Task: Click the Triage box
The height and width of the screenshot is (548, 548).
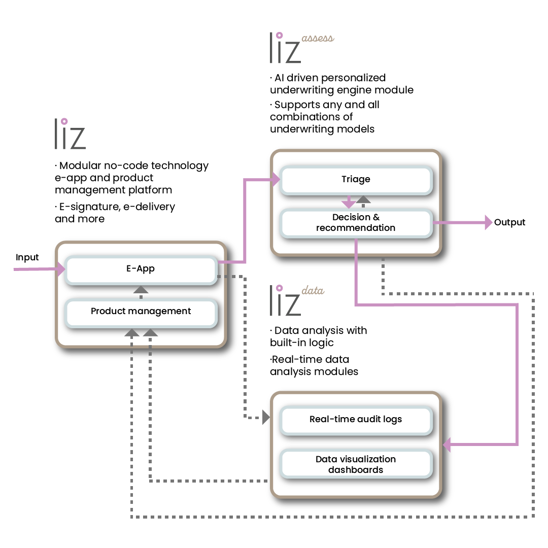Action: pyautogui.click(x=356, y=180)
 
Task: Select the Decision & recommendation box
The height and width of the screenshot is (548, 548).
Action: pyautogui.click(x=356, y=223)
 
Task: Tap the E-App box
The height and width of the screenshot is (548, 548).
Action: pyautogui.click(x=141, y=269)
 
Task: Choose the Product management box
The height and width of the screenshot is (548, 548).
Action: pyautogui.click(x=141, y=311)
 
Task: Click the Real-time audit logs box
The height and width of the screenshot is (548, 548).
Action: pyautogui.click(x=356, y=420)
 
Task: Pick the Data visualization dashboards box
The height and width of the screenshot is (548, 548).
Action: pyautogui.click(x=356, y=464)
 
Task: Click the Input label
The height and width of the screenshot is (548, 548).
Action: pyautogui.click(x=27, y=258)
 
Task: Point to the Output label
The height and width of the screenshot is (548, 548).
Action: pyautogui.click(x=509, y=222)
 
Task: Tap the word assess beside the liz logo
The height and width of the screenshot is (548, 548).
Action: pyautogui.click(x=318, y=39)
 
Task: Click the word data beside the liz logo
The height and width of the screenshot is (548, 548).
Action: pyautogui.click(x=313, y=291)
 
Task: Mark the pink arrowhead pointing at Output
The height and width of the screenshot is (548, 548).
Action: pyautogui.click(x=489, y=222)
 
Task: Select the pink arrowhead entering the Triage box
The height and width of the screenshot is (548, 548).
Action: pyautogui.click(x=276, y=179)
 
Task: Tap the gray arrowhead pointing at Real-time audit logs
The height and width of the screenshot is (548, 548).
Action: pyautogui.click(x=265, y=418)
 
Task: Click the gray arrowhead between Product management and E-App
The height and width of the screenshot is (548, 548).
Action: pyautogui.click(x=141, y=290)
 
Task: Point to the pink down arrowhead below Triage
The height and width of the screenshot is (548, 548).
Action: pyautogui.click(x=348, y=204)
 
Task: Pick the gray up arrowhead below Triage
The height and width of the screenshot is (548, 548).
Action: pyautogui.click(x=363, y=199)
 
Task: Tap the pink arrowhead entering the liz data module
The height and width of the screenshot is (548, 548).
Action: pyautogui.click(x=447, y=445)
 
